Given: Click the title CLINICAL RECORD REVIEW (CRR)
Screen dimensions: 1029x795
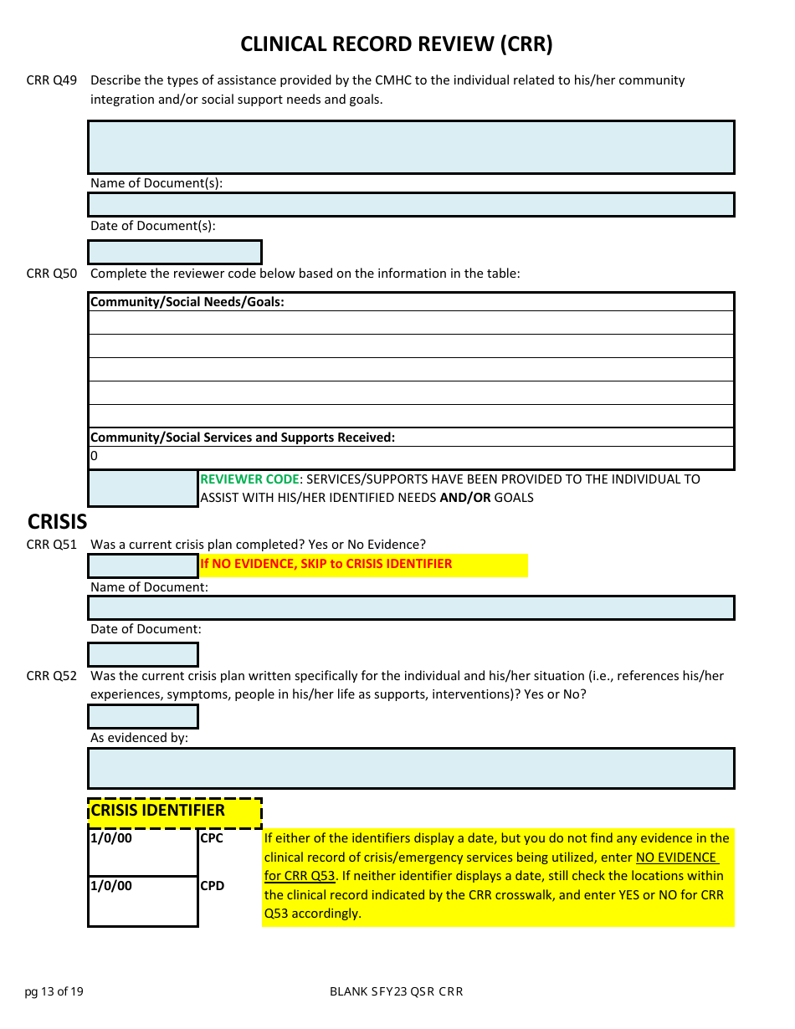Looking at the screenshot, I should [397, 44].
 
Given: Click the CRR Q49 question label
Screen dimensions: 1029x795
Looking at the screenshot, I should [52, 80].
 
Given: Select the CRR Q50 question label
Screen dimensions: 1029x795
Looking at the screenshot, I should [52, 274].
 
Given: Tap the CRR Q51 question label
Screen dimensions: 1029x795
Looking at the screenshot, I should [52, 545].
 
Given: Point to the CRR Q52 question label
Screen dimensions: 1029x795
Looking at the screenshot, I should [52, 676].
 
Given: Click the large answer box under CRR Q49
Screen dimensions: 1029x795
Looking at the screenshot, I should [411, 147].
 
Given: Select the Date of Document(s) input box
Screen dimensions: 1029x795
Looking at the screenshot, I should [175, 252].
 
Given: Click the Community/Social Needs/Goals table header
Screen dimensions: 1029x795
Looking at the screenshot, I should [187, 302].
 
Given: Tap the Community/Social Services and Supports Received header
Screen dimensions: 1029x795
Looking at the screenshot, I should [243, 438].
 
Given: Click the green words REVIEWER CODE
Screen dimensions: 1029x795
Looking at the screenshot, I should [249, 479].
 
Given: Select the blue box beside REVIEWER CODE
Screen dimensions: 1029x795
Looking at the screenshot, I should [143, 489].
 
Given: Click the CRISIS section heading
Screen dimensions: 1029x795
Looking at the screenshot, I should [57, 521].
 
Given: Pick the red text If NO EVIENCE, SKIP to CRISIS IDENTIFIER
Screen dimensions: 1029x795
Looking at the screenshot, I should [326, 564].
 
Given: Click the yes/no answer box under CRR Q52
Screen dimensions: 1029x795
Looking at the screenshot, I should [143, 717].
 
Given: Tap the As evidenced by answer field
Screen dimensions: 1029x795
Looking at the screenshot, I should [411, 768].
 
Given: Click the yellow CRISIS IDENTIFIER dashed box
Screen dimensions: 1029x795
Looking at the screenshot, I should [174, 811].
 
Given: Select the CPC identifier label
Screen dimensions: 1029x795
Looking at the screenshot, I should [213, 838].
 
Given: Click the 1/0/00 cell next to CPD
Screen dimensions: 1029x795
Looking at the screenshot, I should [143, 901].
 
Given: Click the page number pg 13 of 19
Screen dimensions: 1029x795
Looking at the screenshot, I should [54, 992].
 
